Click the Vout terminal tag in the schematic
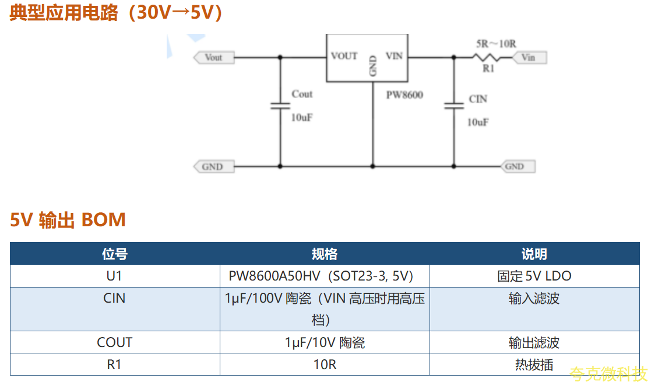pyautogui.click(x=214, y=57)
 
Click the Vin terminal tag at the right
pyautogui.click(x=529, y=57)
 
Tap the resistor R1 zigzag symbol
pyautogui.click(x=485, y=57)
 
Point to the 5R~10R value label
pyautogui.click(x=496, y=44)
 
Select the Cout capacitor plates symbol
pyautogui.click(x=280, y=106)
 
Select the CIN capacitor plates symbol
pyautogui.click(x=454, y=106)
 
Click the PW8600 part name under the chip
pyautogui.click(x=404, y=95)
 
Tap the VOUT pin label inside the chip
pyautogui.click(x=344, y=56)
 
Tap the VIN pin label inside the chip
pyautogui.click(x=394, y=56)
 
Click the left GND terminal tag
pyautogui.click(x=214, y=167)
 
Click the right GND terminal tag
pyautogui.click(x=518, y=166)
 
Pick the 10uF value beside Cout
pyautogui.click(x=302, y=118)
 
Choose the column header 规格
pyautogui.click(x=325, y=254)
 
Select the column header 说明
pyautogui.click(x=534, y=254)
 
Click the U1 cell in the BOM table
pyautogui.click(x=114, y=276)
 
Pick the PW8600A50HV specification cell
pyautogui.click(x=321, y=276)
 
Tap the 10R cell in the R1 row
pyautogui.click(x=325, y=365)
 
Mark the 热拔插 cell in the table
pyautogui.click(x=534, y=365)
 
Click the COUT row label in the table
pyautogui.click(x=114, y=342)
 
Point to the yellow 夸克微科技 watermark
pyautogui.click(x=608, y=374)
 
